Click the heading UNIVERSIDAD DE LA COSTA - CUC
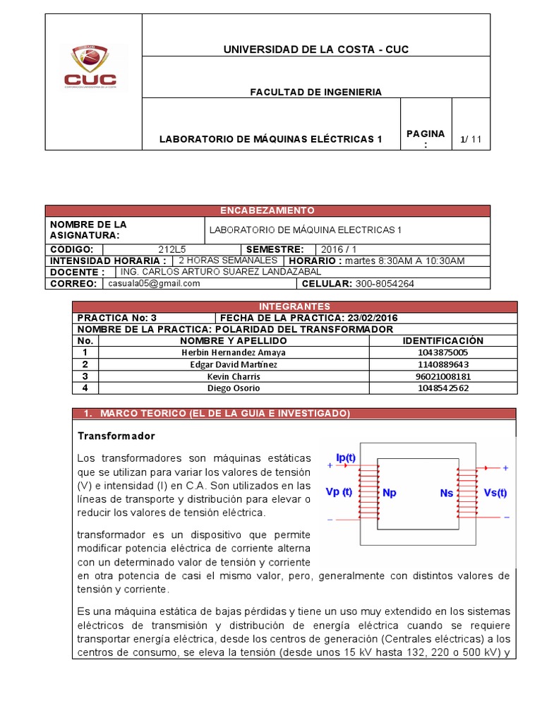pyautogui.click(x=315, y=49)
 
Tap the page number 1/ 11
pyautogui.click(x=470, y=139)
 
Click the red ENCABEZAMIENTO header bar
pyautogui.click(x=267, y=210)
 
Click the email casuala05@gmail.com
pyautogui.click(x=154, y=283)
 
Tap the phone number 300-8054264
pyautogui.click(x=384, y=283)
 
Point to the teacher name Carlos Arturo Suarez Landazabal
pyautogui.click(x=221, y=272)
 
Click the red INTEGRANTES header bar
pyautogui.click(x=294, y=306)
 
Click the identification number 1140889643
pyautogui.click(x=442, y=364)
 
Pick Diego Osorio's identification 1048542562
pyautogui.click(x=442, y=388)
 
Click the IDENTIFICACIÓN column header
pyautogui.click(x=442, y=340)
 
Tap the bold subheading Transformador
pyautogui.click(x=116, y=436)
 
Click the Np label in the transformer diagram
pyautogui.click(x=389, y=492)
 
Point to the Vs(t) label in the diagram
pyautogui.click(x=495, y=492)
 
